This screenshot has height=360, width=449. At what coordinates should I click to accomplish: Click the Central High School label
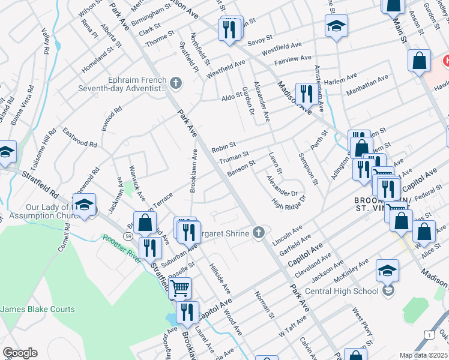pos(342,292)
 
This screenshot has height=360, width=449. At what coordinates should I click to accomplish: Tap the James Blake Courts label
pos(38,310)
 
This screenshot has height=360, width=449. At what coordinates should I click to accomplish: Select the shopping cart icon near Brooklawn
pos(179,289)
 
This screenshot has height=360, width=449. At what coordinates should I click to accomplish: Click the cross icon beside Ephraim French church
pos(176,82)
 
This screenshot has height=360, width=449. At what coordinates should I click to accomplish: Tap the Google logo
pos(20,353)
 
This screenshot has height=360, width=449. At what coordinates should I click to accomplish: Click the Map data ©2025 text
pos(423,355)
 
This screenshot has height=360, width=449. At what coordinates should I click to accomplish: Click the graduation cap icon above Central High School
pos(388,272)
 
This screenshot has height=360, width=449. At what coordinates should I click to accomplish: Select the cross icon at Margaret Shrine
pos(259,232)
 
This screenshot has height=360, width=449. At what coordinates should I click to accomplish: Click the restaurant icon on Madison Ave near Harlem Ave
pos(307,94)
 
